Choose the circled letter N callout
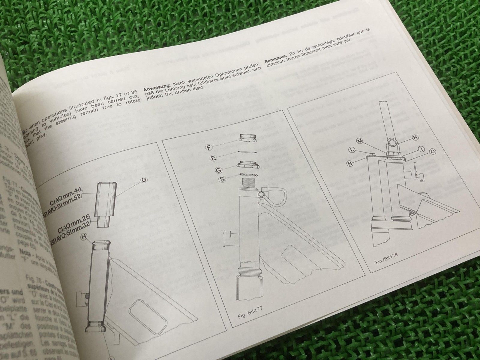coord(350,163)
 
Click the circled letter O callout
coord(433,152)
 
